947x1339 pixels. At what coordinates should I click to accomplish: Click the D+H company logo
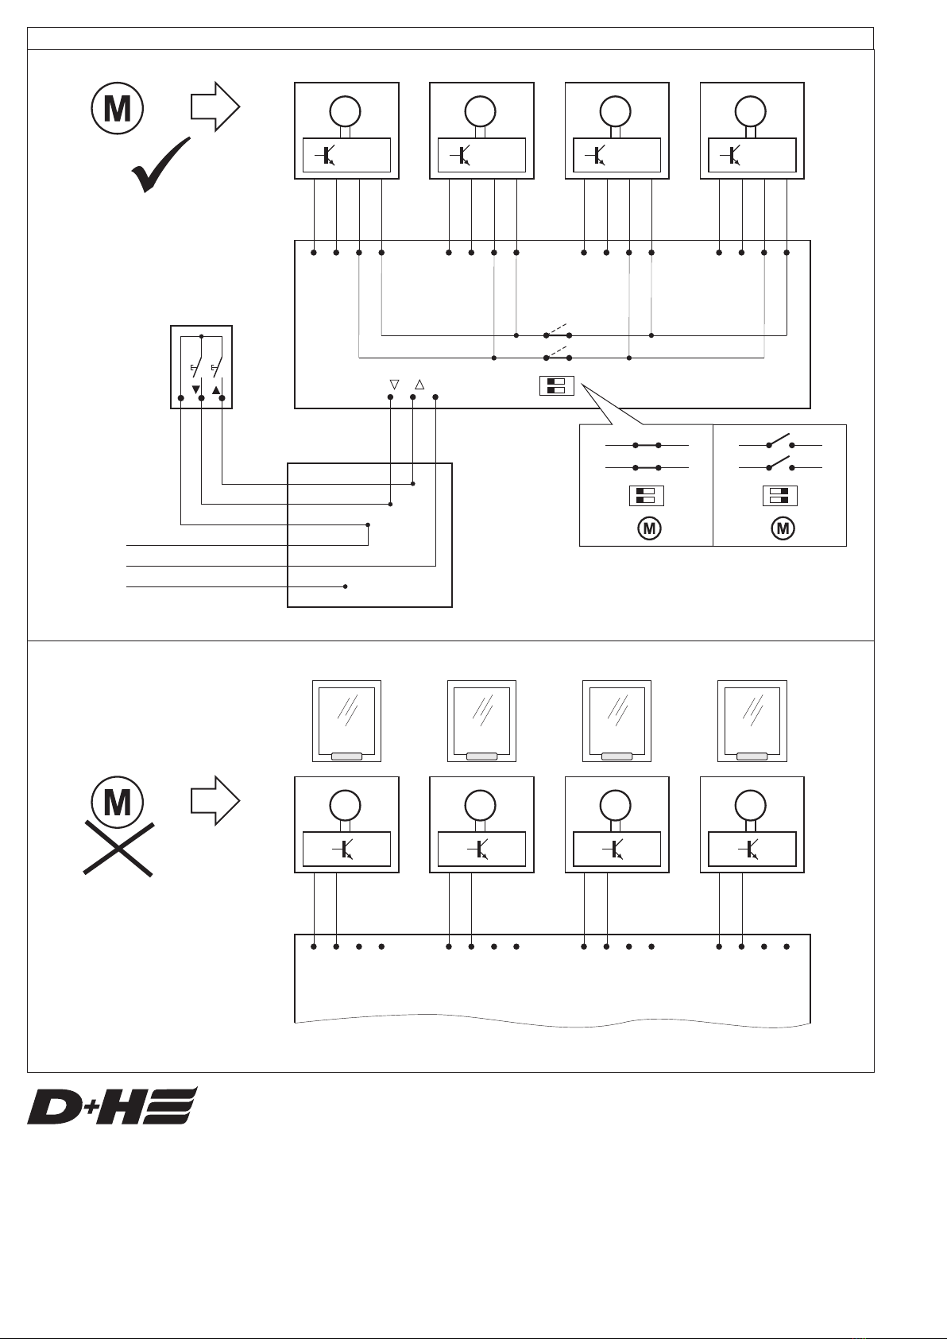[x=112, y=1105]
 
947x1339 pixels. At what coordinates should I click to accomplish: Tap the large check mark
[x=161, y=166]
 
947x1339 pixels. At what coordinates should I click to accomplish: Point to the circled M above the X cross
[x=118, y=802]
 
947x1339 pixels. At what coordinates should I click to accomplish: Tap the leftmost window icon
[x=346, y=720]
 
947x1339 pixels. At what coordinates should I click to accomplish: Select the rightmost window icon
[x=752, y=720]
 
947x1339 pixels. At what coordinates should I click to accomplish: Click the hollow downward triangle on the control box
[x=393, y=385]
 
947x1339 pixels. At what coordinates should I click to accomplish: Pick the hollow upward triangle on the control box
[x=419, y=385]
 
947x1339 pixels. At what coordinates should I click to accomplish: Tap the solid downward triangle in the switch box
[x=195, y=390]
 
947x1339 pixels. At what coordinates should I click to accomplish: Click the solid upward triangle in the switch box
[x=216, y=390]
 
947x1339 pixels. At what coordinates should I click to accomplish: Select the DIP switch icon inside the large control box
[x=556, y=386]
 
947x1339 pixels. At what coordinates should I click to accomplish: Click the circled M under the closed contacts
[x=649, y=528]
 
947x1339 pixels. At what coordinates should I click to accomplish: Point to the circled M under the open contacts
[x=783, y=528]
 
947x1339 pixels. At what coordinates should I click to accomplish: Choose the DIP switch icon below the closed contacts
[x=646, y=496]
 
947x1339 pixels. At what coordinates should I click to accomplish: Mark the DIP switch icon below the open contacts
[x=779, y=496]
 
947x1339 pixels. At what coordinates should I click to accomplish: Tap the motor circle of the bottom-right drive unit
[x=750, y=806]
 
